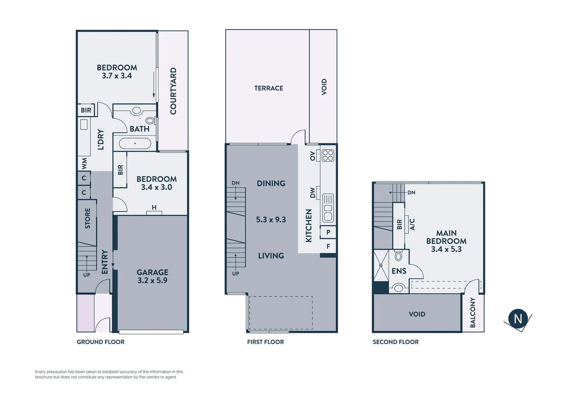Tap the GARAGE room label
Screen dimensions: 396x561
[x=152, y=272]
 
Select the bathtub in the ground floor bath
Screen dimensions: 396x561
[x=135, y=143]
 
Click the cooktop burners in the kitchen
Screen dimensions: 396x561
[x=328, y=155]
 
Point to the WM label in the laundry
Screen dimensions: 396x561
[x=84, y=164]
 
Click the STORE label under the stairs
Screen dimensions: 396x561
[x=87, y=219]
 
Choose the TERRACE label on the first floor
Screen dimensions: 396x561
[x=269, y=88]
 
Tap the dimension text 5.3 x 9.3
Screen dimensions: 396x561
[x=271, y=220]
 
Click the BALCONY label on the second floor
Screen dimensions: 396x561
[x=473, y=312]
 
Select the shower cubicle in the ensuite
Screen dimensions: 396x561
[x=381, y=265]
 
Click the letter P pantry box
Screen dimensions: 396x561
[x=328, y=232]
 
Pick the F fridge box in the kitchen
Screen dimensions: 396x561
[x=328, y=246]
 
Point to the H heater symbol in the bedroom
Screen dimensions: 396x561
[x=154, y=208]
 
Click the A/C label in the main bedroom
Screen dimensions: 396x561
[x=412, y=224]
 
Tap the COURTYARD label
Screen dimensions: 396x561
[x=173, y=91]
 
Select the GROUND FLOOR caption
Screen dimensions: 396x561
[x=101, y=342]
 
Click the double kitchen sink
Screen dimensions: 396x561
[x=328, y=208]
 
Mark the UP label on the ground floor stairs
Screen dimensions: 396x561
[x=87, y=275]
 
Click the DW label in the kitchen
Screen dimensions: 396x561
[x=313, y=193]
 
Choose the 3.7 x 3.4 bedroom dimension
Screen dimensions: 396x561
[x=117, y=76]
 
